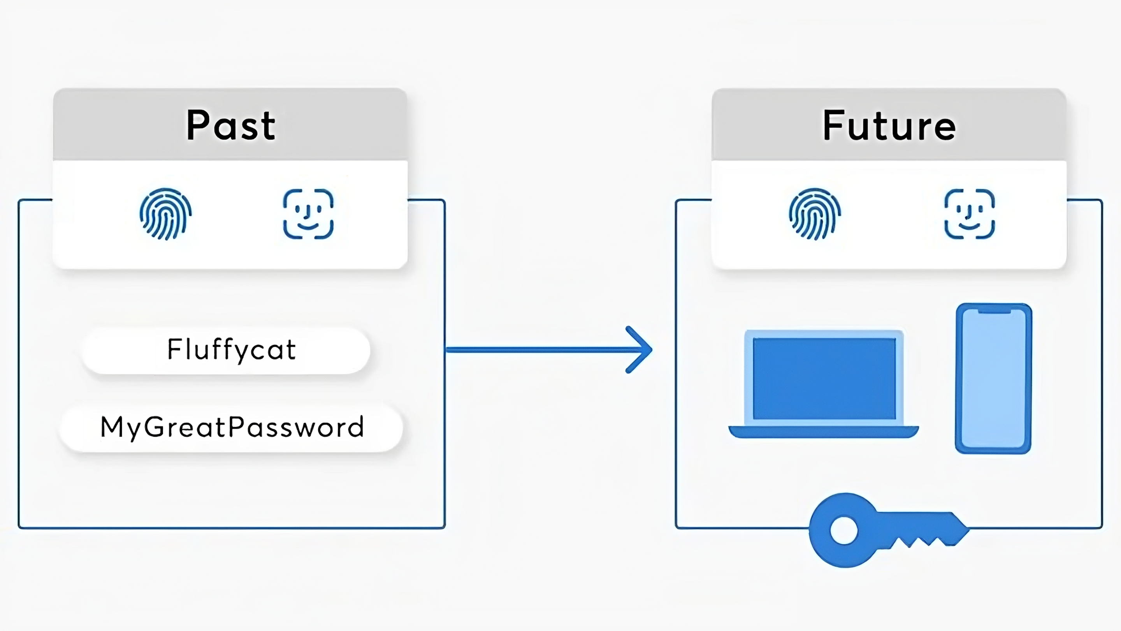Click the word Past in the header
click(231, 125)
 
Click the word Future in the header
click(889, 125)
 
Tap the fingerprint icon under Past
click(166, 214)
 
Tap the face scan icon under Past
click(308, 214)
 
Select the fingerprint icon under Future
click(815, 214)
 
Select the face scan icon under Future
click(970, 214)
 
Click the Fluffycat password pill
click(226, 350)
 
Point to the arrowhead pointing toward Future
click(639, 350)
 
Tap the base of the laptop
click(824, 432)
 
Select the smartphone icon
click(993, 379)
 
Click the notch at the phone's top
click(994, 311)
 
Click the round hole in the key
click(844, 531)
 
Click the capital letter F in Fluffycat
click(174, 349)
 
